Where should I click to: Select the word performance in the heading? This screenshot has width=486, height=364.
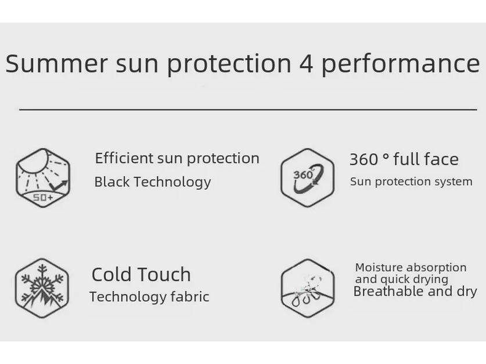click(400, 64)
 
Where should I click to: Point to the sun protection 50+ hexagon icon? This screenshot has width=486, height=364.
click(42, 177)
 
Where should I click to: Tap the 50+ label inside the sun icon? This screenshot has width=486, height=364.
click(42, 198)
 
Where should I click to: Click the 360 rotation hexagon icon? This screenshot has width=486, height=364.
click(307, 177)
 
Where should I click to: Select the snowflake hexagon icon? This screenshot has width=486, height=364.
click(42, 287)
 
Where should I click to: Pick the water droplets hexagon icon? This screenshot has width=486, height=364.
click(307, 288)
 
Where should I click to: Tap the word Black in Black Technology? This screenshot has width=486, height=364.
click(111, 182)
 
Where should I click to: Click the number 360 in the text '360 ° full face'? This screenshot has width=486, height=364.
click(363, 159)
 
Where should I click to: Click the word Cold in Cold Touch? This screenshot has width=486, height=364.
click(113, 274)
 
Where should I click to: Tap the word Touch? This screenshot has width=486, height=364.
click(165, 274)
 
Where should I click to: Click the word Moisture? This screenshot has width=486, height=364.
click(379, 268)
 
